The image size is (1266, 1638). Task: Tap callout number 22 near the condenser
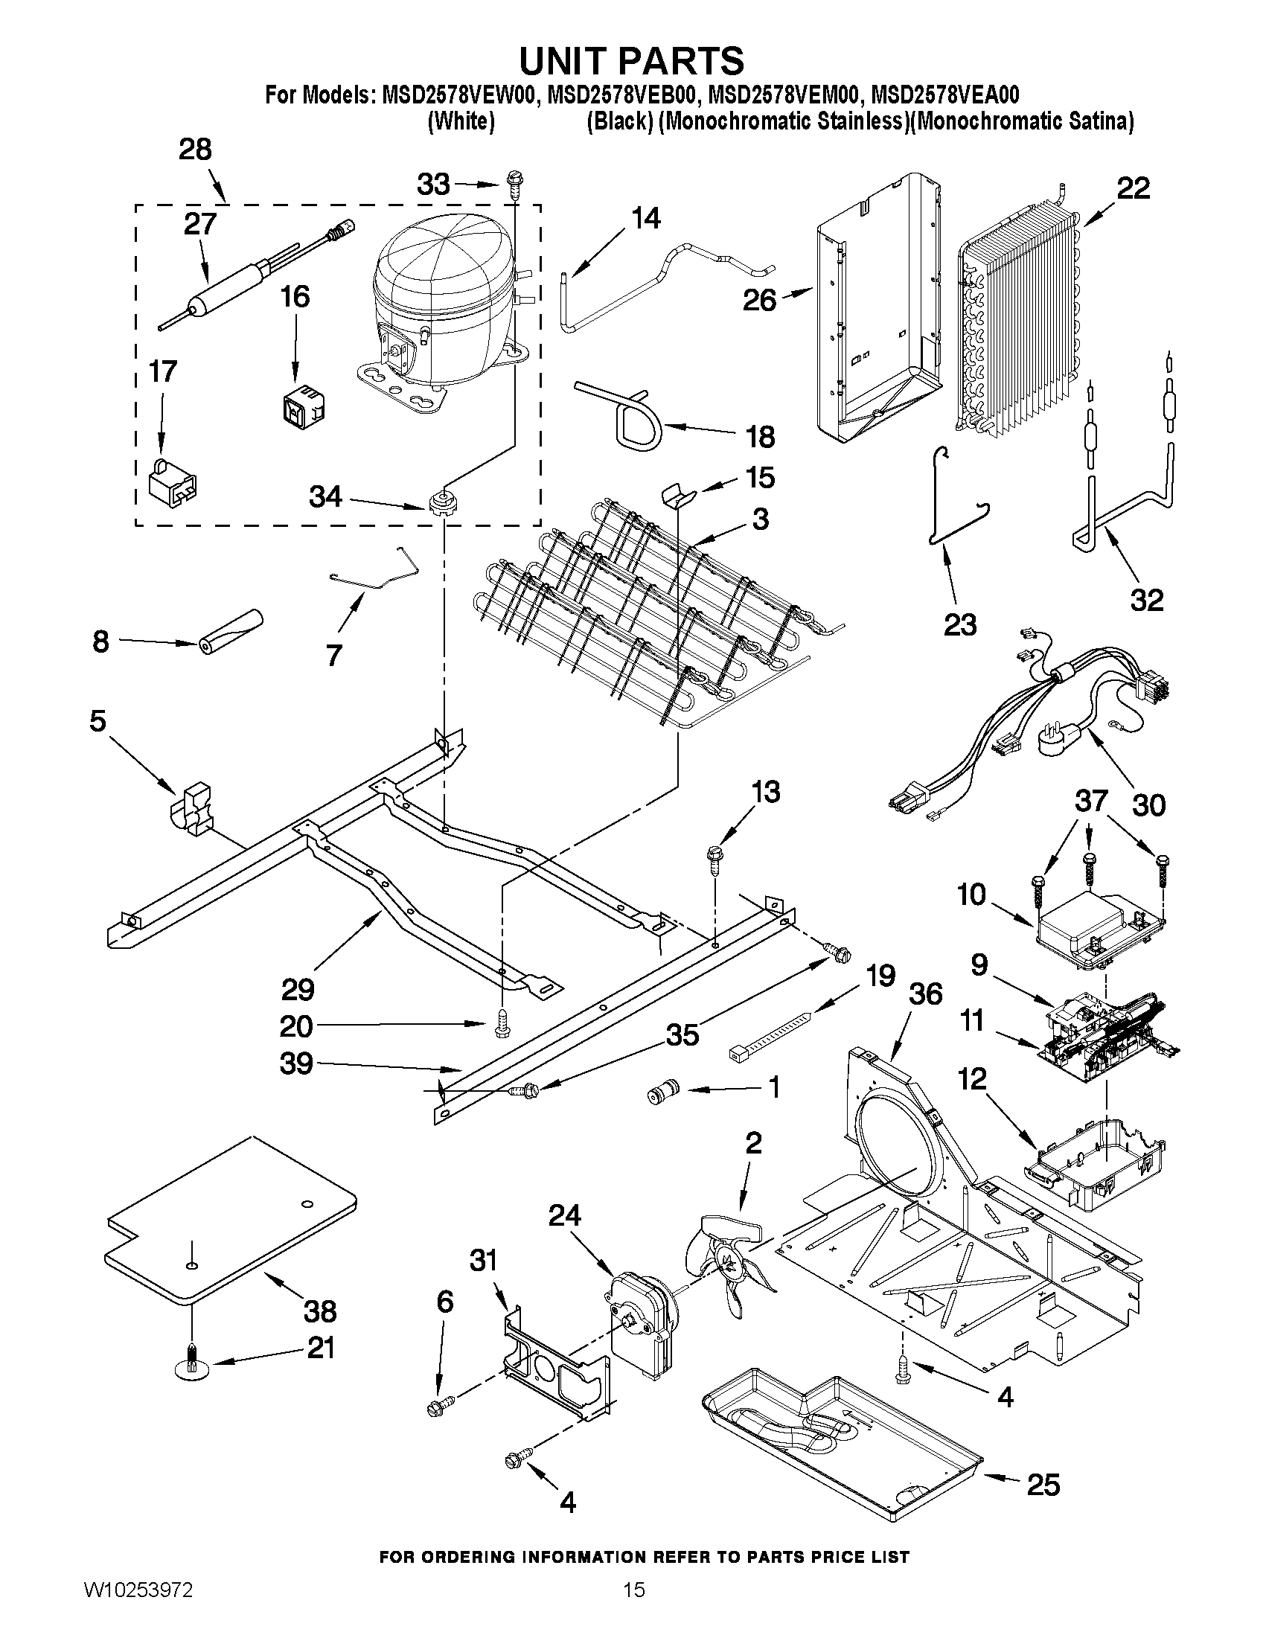point(1134,188)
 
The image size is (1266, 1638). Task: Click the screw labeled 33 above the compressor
point(515,181)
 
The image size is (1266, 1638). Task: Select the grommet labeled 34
point(444,502)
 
